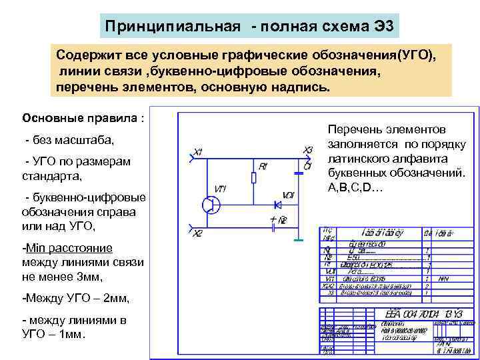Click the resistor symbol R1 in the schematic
tap(254, 177)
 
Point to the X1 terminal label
tap(198, 152)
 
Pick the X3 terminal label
tap(307, 150)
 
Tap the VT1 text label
tap(220, 189)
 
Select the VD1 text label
tap(289, 195)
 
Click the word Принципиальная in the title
tap(173, 27)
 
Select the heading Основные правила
tap(83, 118)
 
